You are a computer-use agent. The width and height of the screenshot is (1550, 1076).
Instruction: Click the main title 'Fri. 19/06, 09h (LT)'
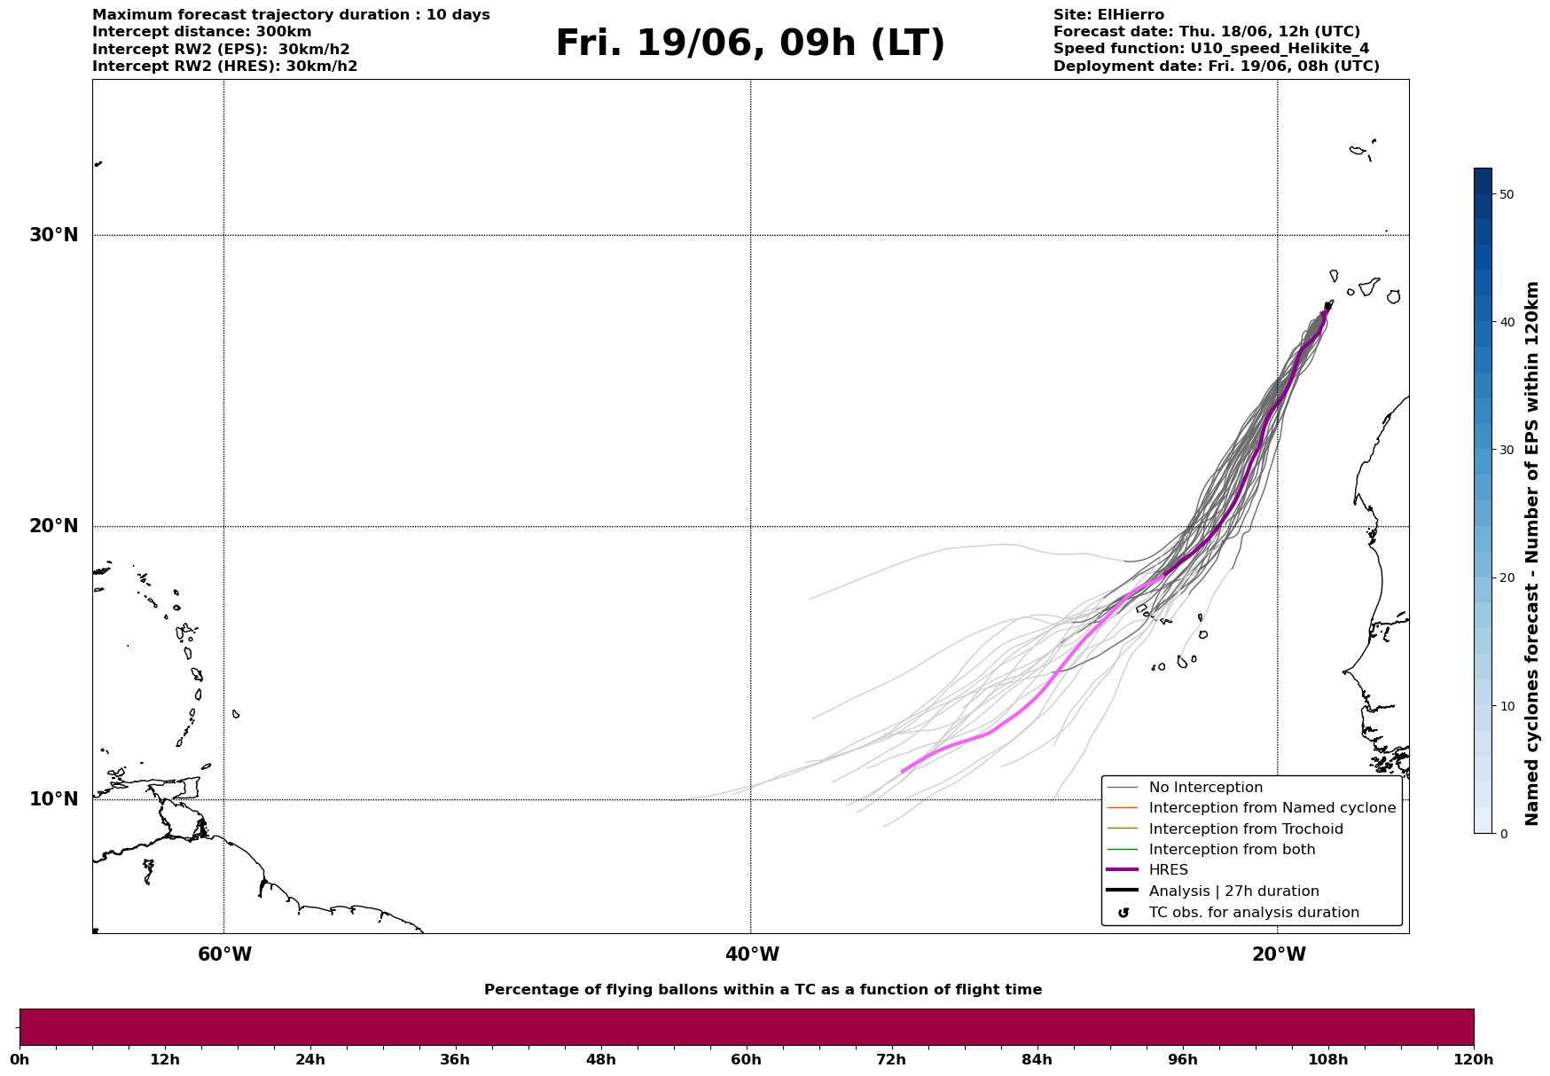coord(750,43)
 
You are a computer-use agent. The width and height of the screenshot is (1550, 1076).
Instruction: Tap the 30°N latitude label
coord(54,235)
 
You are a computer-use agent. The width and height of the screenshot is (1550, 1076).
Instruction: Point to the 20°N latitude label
coord(54,526)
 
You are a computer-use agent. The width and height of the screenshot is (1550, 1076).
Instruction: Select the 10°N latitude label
coord(54,799)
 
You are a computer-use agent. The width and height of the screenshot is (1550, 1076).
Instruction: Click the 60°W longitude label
coord(224,954)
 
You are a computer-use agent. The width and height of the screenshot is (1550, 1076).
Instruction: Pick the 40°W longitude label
coord(752,954)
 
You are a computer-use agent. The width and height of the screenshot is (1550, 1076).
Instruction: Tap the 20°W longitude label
coord(1279,954)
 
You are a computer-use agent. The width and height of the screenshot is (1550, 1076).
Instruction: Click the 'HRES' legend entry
coord(1168,870)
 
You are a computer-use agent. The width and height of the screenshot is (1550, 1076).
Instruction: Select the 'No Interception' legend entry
coord(1206,788)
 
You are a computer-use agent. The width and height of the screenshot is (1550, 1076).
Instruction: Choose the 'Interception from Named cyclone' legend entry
coord(1272,808)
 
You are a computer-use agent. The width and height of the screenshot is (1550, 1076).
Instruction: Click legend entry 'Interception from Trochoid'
coord(1246,829)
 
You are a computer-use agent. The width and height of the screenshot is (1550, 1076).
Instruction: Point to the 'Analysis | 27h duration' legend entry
coord(1234,891)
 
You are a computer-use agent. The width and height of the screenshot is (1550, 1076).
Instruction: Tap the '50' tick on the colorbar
coord(1506,194)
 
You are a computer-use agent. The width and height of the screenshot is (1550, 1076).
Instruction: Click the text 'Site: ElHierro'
coord(1108,15)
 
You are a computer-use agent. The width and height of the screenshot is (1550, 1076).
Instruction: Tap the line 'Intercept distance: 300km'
coord(202,32)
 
